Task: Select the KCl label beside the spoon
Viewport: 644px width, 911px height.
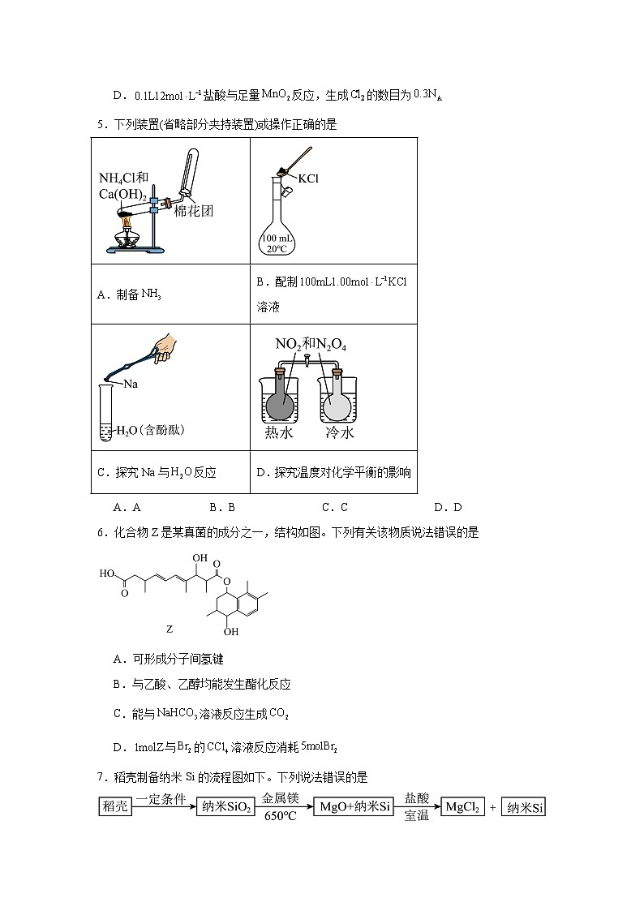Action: tap(309, 178)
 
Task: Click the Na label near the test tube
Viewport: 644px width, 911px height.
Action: tap(129, 385)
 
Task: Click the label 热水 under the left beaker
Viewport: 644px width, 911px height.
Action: tap(279, 433)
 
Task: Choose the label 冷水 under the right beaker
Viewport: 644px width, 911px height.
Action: tap(339, 433)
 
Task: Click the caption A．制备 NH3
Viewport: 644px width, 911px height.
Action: tap(129, 295)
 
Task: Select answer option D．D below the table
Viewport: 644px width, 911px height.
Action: tap(448, 508)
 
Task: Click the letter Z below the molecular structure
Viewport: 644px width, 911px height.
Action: tap(170, 629)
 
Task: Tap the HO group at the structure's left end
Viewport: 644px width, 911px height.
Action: tap(106, 573)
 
